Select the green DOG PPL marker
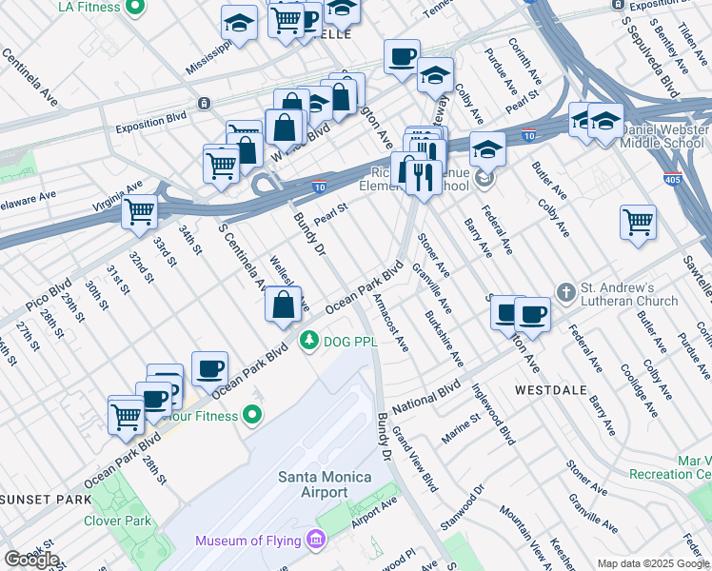pyautogui.click(x=308, y=341)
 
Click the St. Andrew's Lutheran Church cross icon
pyautogui.click(x=564, y=292)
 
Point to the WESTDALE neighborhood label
pyautogui.click(x=548, y=390)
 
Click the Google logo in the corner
pyautogui.click(x=31, y=560)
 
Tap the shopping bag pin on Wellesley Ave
pyautogui.click(x=283, y=305)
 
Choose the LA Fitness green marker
pyautogui.click(x=134, y=8)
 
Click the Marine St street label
pyautogui.click(x=461, y=428)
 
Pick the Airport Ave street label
pyautogui.click(x=372, y=515)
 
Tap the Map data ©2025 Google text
pyautogui.click(x=652, y=563)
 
